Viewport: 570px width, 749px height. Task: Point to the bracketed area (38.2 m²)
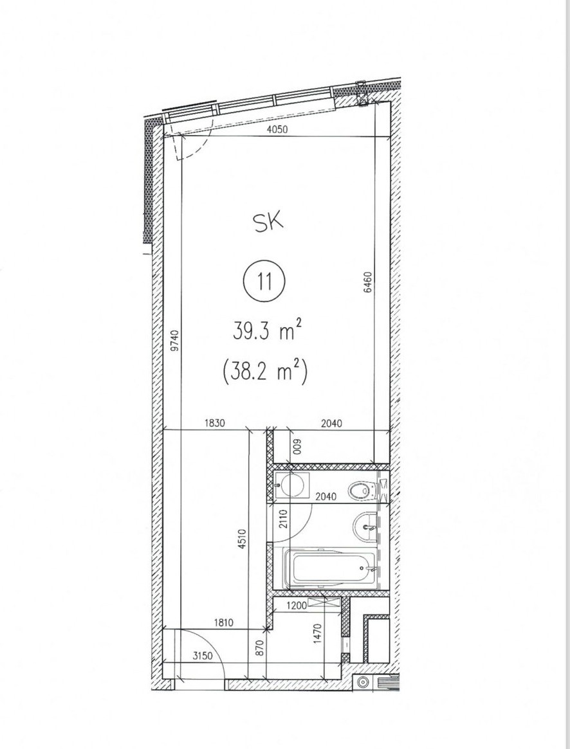[x=264, y=371]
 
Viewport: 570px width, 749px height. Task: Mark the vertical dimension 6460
[x=368, y=282]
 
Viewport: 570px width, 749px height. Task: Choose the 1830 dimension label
[x=214, y=423]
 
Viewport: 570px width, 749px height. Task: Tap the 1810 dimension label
[x=220, y=622]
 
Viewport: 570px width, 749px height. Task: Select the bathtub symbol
[x=329, y=568]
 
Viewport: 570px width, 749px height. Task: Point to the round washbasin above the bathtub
[x=366, y=527]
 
